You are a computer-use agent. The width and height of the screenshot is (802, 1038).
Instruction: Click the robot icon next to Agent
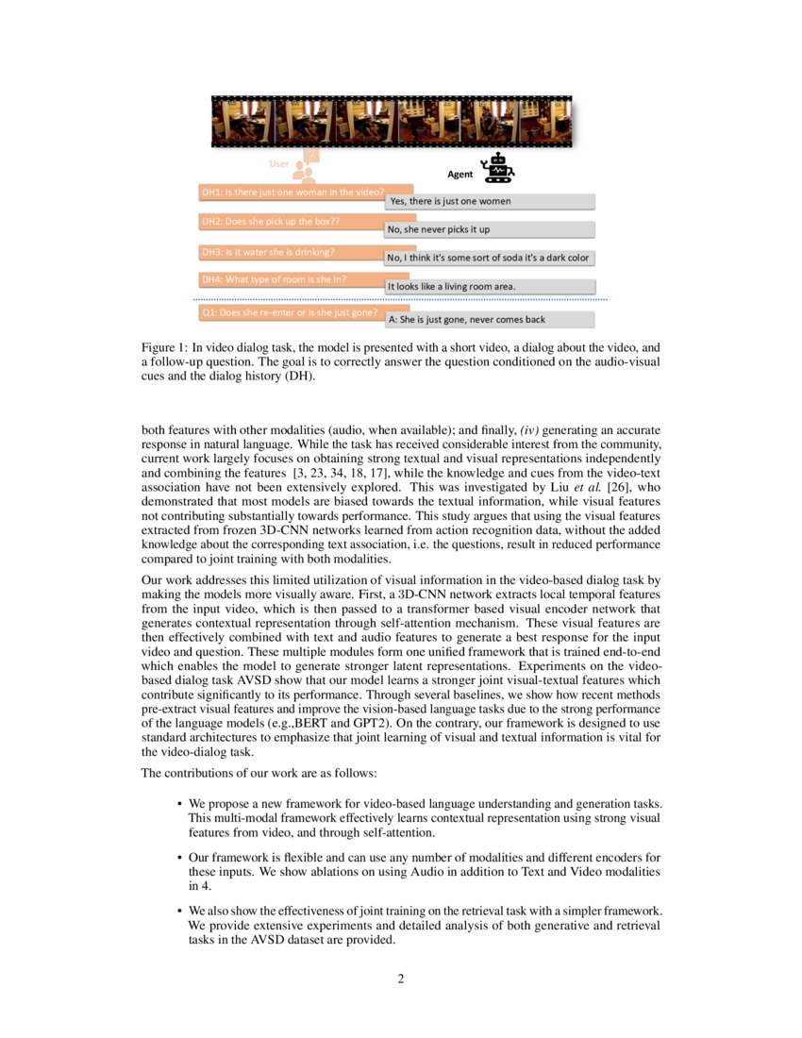(x=497, y=168)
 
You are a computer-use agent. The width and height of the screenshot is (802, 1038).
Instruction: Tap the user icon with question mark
(x=306, y=166)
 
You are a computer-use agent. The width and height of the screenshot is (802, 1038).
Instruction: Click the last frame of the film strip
(x=544, y=122)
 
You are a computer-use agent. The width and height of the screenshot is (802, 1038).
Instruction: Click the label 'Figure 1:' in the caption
(x=163, y=347)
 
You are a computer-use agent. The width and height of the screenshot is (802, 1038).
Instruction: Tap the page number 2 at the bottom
(x=401, y=979)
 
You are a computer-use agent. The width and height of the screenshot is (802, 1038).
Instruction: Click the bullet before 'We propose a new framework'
(x=179, y=804)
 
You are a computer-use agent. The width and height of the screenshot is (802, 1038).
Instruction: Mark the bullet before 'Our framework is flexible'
(x=179, y=858)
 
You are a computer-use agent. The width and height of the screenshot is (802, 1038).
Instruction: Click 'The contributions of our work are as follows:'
(x=259, y=774)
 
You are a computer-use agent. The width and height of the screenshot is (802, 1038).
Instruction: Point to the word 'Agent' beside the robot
(x=460, y=175)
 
